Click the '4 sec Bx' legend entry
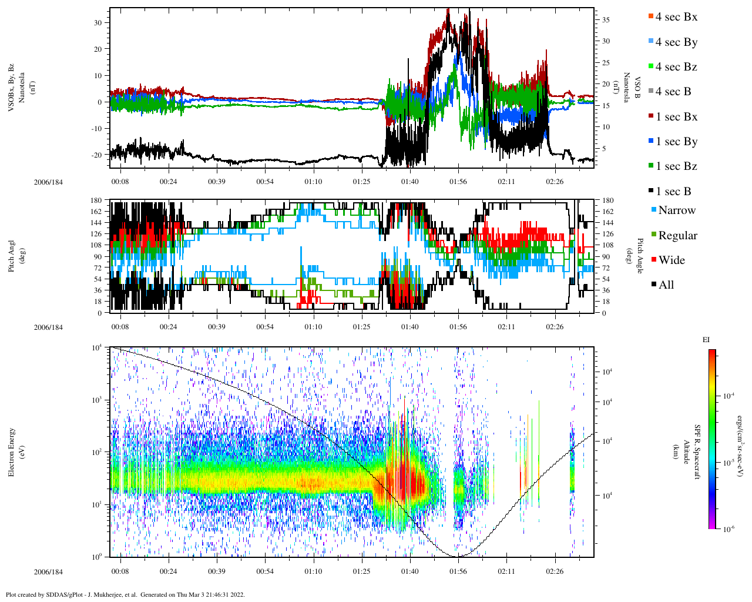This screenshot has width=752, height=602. click(x=676, y=17)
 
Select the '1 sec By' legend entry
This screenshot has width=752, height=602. click(x=676, y=142)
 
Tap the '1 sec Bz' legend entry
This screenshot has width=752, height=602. click(x=676, y=166)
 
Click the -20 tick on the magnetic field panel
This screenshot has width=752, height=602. click(x=98, y=155)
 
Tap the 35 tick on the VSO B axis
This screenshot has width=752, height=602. click(x=606, y=20)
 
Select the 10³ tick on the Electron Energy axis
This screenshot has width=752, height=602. click(x=98, y=400)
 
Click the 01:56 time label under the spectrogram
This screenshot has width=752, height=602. click(x=458, y=571)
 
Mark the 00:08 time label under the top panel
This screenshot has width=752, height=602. click(x=120, y=182)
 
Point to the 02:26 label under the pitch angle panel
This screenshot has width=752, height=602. click(x=555, y=327)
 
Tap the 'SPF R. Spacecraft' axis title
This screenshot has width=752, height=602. click(x=697, y=451)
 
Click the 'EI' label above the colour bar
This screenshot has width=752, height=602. click(x=706, y=340)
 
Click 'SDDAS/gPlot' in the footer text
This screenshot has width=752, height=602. click(x=67, y=594)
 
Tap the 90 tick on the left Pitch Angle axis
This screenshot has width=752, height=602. click(x=98, y=257)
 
